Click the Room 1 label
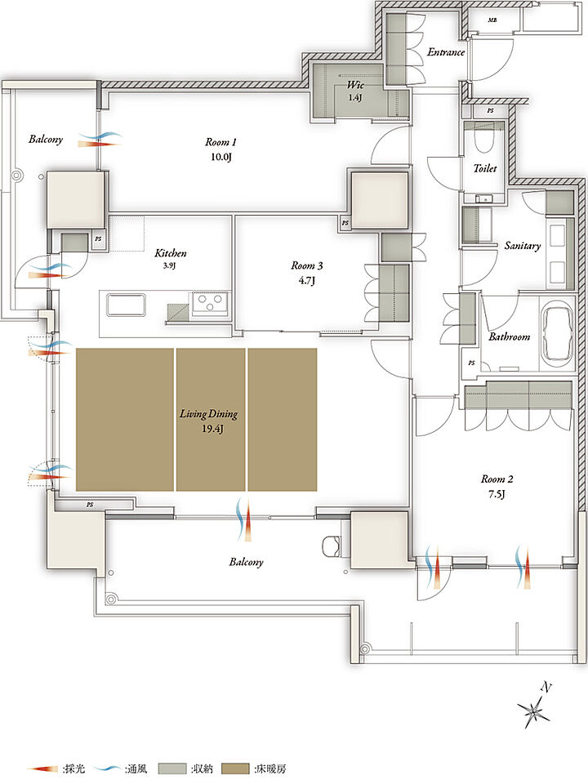(220, 142)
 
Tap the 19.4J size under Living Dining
(209, 429)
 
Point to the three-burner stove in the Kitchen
(211, 304)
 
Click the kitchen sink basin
(126, 305)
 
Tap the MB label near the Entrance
(492, 20)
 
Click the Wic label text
(355, 84)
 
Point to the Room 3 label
(306, 266)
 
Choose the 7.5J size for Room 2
(497, 495)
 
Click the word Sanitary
(523, 246)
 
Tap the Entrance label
(446, 52)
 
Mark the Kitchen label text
(171, 253)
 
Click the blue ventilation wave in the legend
(109, 768)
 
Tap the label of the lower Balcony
(246, 562)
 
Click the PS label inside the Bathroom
(471, 363)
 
